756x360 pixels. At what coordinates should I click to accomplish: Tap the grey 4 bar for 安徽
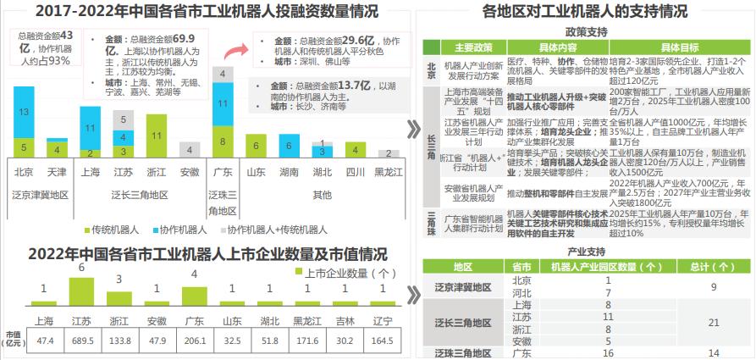pyautogui.click(x=190, y=150)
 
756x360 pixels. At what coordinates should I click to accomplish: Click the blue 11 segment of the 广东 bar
pyautogui.click(x=223, y=104)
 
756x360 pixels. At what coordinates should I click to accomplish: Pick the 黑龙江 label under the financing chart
pyautogui.click(x=388, y=173)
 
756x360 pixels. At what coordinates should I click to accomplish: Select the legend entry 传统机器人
pyautogui.click(x=115, y=230)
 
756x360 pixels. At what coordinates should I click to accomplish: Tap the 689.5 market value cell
pyautogui.click(x=82, y=340)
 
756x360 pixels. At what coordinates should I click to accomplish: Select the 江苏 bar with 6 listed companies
pyautogui.click(x=82, y=290)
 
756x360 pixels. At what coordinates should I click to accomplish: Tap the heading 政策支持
pyautogui.click(x=586, y=31)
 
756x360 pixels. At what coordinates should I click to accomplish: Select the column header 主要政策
pyautogui.click(x=473, y=47)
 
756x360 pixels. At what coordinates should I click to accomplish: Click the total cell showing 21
pyautogui.click(x=713, y=323)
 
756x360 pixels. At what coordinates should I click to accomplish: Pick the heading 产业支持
pyautogui.click(x=586, y=252)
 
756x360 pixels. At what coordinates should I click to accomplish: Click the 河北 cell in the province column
pyautogui.click(x=521, y=292)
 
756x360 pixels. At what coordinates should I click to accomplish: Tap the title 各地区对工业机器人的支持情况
pyautogui.click(x=584, y=11)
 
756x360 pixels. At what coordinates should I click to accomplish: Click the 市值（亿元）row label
pyautogui.click(x=13, y=339)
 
